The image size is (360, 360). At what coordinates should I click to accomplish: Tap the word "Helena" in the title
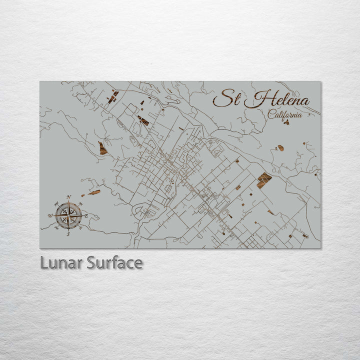(277, 99)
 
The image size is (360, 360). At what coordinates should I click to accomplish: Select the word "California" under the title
(285, 114)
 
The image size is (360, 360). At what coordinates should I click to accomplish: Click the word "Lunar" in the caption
(61, 262)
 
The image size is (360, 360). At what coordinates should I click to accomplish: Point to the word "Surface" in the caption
(114, 262)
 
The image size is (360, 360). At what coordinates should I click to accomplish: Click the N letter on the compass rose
(69, 197)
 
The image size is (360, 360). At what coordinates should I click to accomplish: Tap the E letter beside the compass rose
(86, 215)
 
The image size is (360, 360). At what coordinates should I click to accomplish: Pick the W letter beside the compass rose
(50, 216)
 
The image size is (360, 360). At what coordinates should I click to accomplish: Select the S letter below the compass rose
(68, 233)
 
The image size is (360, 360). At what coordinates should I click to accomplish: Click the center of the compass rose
(68, 215)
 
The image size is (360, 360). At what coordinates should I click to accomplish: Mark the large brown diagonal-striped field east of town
(264, 179)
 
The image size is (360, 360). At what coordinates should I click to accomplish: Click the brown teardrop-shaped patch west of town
(102, 148)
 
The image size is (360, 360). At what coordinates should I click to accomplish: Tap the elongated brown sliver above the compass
(94, 192)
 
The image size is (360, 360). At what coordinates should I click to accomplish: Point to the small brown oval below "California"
(280, 148)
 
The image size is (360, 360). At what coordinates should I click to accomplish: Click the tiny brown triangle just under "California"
(286, 122)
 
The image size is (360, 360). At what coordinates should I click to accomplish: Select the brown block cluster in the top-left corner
(113, 96)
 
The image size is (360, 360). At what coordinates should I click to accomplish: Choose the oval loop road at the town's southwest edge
(142, 212)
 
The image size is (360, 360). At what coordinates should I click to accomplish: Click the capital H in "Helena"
(256, 98)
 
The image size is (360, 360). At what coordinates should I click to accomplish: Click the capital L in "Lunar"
(44, 262)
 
